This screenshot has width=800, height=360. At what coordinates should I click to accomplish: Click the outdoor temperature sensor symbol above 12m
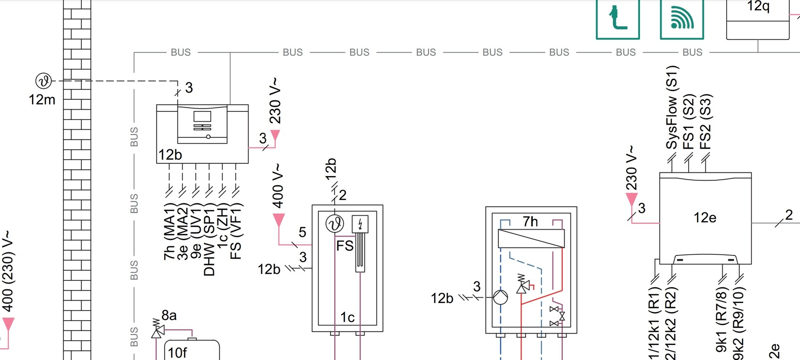pyautogui.click(x=44, y=81)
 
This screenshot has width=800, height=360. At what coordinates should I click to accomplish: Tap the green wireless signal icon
pyautogui.click(x=681, y=19)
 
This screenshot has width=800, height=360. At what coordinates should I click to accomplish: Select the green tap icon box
pyautogui.click(x=617, y=19)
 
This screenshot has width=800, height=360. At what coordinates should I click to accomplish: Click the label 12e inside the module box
pyautogui.click(x=704, y=217)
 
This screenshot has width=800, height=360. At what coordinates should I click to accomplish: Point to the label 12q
pyautogui.click(x=758, y=7)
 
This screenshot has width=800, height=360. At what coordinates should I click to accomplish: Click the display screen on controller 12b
pyautogui.click(x=202, y=116)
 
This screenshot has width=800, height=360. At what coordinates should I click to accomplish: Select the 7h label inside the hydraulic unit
pyautogui.click(x=530, y=221)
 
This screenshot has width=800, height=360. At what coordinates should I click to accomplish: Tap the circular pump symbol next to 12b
pyautogui.click(x=500, y=297)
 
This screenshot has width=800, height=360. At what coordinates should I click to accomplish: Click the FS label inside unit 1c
pyautogui.click(x=344, y=246)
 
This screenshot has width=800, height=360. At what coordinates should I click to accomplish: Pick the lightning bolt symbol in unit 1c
pyautogui.click(x=360, y=224)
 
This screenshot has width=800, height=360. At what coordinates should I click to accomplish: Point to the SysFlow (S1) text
pyautogui.click(x=672, y=107)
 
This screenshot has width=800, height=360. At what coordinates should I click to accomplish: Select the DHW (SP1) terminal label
pyautogui.click(x=209, y=240)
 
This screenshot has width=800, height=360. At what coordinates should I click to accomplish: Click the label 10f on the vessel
pyautogui.click(x=177, y=352)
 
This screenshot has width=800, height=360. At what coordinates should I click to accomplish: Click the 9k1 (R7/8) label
pyautogui.click(x=721, y=321)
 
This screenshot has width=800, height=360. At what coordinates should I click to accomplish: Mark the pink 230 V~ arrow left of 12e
pyautogui.click(x=632, y=199)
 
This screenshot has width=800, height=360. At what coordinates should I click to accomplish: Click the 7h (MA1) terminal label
pyautogui.click(x=169, y=232)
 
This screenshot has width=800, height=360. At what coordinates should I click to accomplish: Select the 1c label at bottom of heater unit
pyautogui.click(x=347, y=318)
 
